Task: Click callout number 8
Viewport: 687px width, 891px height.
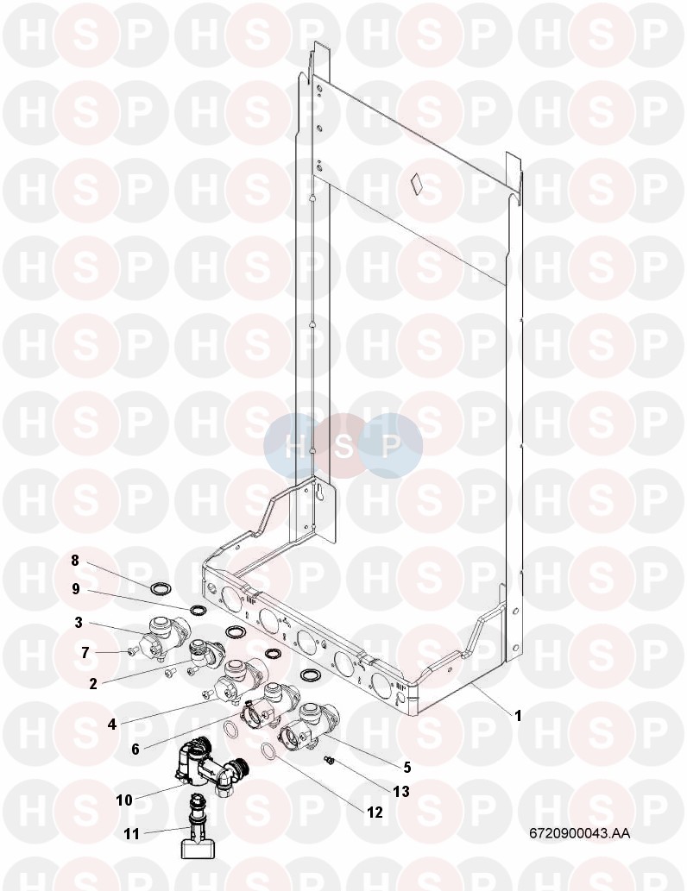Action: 75,561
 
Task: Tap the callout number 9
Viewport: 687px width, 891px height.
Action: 76,589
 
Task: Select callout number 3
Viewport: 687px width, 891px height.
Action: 79,622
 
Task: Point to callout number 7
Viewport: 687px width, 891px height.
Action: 85,653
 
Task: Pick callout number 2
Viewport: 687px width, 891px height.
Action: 92,684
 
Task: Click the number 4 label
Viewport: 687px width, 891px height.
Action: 112,724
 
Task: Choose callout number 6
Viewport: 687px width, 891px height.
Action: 136,750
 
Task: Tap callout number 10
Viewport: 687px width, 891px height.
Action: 124,800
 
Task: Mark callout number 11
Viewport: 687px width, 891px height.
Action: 131,834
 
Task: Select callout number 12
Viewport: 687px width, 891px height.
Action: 375,813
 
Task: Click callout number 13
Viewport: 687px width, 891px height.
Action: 401,791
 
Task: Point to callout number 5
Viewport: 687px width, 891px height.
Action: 407,767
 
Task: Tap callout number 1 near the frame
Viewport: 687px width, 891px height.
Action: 518,716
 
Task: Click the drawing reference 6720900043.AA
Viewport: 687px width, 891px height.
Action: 579,833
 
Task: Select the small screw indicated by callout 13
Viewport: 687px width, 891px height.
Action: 328,760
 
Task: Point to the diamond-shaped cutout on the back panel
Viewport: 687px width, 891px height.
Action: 418,182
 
